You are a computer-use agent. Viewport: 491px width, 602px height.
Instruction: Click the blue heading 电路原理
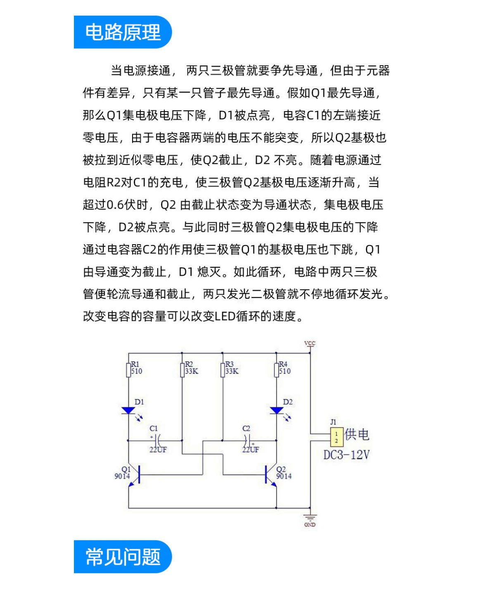click(x=123, y=32)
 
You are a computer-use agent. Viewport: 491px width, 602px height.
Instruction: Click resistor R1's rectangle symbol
click(x=128, y=370)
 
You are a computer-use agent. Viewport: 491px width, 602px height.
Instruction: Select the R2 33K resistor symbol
click(x=182, y=370)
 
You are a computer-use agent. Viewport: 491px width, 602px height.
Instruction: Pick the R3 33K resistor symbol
click(x=223, y=370)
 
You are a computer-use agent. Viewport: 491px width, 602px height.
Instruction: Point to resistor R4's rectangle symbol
click(x=276, y=370)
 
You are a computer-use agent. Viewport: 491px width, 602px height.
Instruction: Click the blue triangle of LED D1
click(x=128, y=410)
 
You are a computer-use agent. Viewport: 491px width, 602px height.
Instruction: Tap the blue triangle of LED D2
click(x=276, y=410)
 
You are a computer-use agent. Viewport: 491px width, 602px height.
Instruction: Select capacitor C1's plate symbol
click(x=158, y=440)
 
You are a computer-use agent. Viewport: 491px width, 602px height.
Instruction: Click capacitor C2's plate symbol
click(x=247, y=440)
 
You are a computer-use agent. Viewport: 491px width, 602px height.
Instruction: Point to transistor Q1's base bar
click(x=139, y=474)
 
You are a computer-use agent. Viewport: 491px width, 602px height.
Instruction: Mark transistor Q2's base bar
click(x=266, y=474)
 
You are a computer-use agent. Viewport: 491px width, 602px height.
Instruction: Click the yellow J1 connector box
click(x=337, y=437)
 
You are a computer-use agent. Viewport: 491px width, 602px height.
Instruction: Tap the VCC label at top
click(x=310, y=343)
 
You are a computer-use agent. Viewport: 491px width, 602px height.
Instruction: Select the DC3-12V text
click(x=346, y=455)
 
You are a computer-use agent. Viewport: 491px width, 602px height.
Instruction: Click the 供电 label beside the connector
click(x=357, y=434)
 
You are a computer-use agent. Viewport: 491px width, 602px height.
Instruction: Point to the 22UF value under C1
click(x=158, y=450)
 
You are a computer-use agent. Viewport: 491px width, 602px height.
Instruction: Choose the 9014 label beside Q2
click(x=284, y=476)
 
